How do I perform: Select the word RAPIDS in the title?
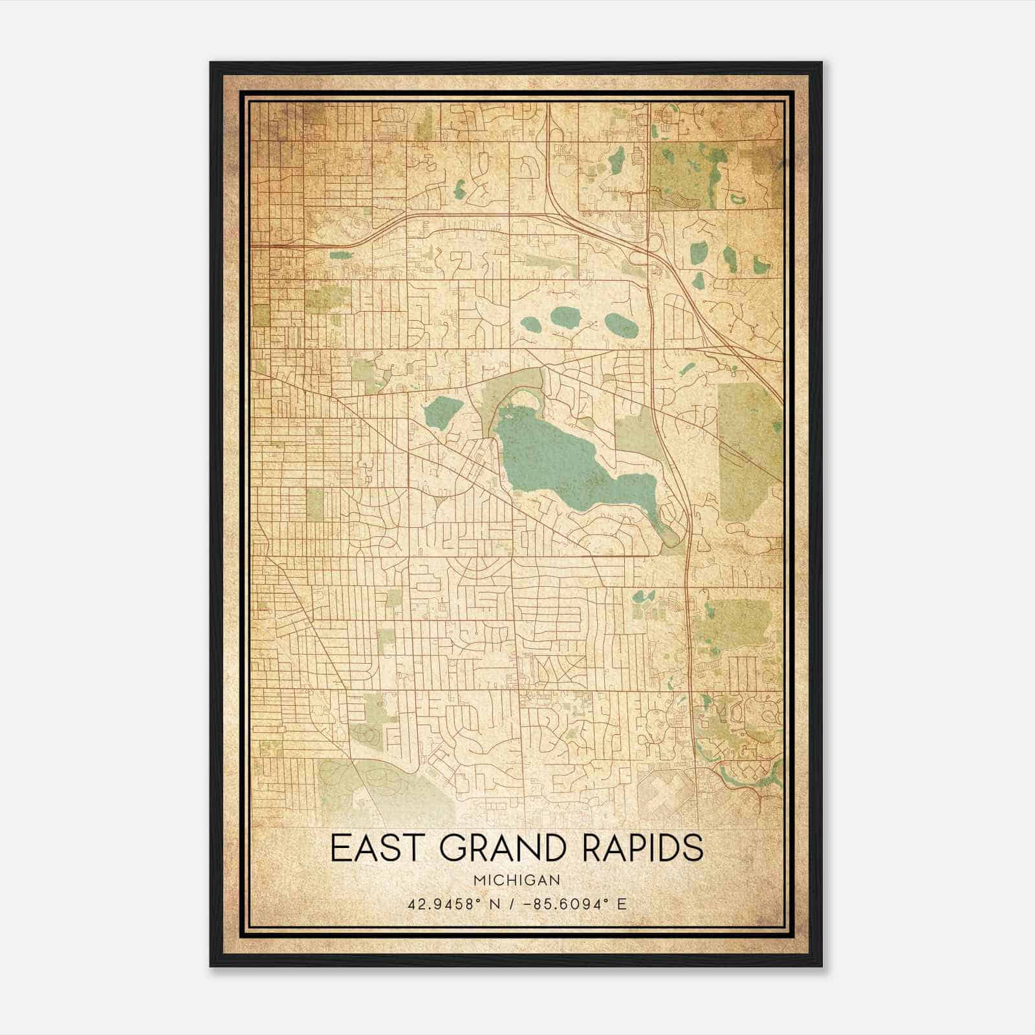tap(642, 848)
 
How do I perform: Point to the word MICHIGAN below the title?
tap(517, 880)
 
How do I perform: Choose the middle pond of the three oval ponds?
tap(565, 317)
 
